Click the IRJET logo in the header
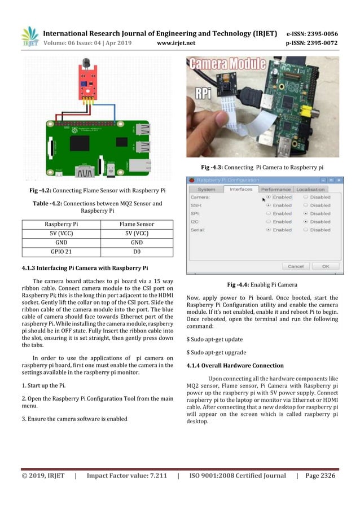30,37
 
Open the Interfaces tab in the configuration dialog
242,189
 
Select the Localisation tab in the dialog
310,189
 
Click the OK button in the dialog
326,266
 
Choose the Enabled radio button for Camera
269,198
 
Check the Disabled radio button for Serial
306,230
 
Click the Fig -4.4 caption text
263,284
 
